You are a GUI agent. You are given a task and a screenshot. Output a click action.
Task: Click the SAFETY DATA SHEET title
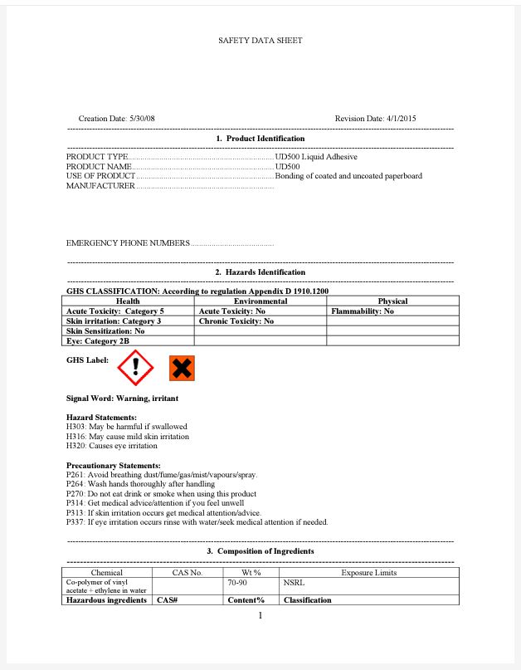(x=260, y=40)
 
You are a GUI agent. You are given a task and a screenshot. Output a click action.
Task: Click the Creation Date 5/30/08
(x=116, y=119)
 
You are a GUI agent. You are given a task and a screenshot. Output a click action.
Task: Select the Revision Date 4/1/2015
(x=375, y=119)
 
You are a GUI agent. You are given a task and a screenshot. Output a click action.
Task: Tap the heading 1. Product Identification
(x=260, y=138)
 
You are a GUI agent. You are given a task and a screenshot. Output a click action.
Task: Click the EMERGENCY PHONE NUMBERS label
(x=128, y=243)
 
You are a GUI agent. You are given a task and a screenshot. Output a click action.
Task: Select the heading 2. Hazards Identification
(x=260, y=272)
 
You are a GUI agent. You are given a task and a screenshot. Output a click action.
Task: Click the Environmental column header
(x=260, y=301)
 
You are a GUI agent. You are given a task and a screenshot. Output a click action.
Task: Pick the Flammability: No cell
(x=362, y=311)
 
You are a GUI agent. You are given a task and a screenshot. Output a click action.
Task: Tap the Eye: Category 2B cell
(x=98, y=340)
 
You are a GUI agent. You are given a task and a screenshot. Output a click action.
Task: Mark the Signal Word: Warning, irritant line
(x=122, y=399)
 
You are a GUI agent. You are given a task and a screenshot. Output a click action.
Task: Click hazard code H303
(x=76, y=427)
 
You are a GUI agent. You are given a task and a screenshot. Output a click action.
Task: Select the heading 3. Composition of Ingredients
(x=260, y=551)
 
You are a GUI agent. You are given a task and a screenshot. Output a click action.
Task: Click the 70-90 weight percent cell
(x=239, y=584)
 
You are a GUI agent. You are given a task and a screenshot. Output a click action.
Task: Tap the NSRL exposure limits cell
(x=294, y=584)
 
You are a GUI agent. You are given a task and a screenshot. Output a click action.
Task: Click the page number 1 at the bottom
(x=260, y=615)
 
